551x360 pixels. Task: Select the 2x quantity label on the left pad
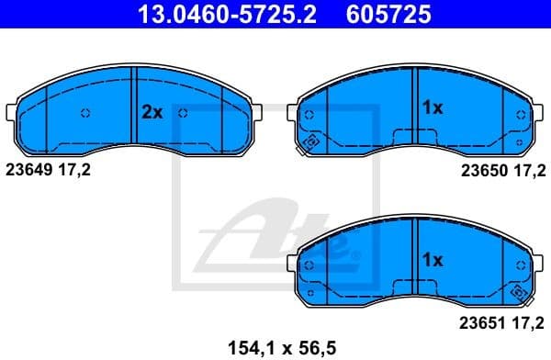tap(152, 112)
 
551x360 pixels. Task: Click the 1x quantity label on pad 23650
tap(432, 107)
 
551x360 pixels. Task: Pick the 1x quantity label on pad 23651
tap(432, 260)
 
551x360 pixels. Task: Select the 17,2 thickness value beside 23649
tap(75, 169)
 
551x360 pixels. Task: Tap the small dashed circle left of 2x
tap(85, 114)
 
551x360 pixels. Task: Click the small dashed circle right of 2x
tap(184, 114)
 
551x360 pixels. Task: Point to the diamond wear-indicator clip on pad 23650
tap(310, 142)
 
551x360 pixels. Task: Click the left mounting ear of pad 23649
tap(11, 114)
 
